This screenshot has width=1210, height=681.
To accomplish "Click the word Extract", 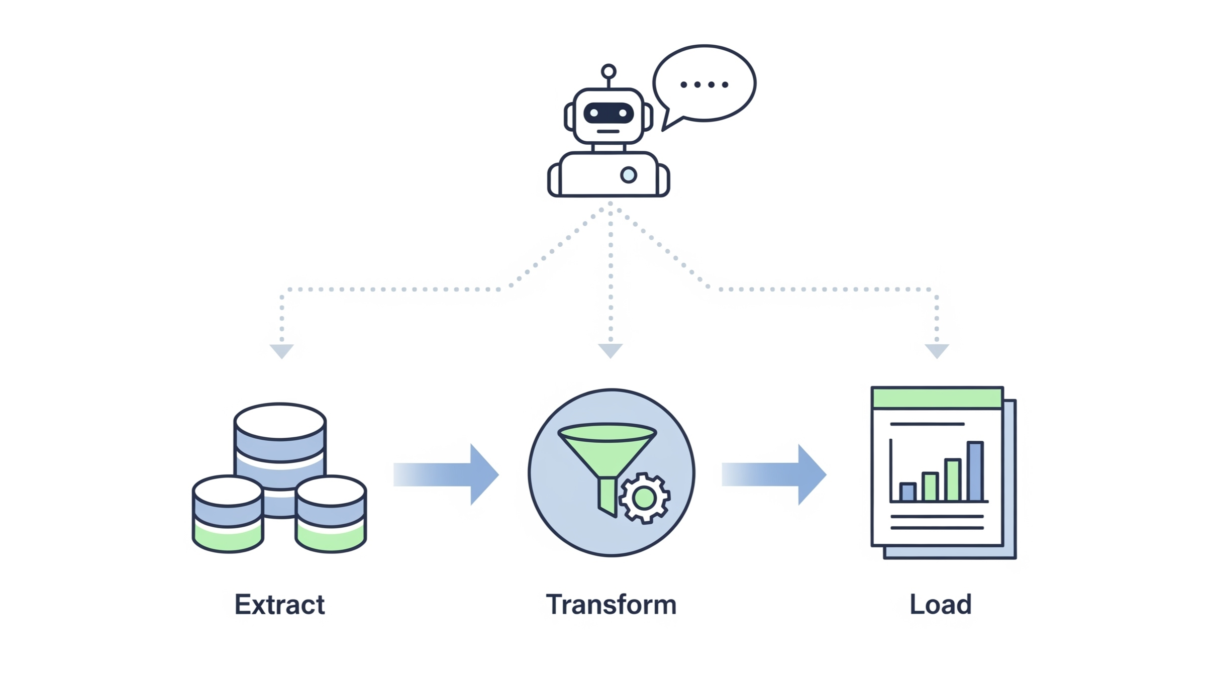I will click(x=279, y=604).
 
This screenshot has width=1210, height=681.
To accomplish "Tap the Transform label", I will click(x=611, y=604).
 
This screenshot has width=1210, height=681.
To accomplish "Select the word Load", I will click(x=940, y=604).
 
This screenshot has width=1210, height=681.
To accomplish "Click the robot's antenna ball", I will click(x=609, y=71).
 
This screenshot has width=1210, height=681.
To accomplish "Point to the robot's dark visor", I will click(x=609, y=113).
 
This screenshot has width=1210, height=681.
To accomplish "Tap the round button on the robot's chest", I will click(x=629, y=175).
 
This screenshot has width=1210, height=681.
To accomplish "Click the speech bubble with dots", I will click(x=704, y=83).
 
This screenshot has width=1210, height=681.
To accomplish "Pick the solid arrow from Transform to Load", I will click(x=774, y=474).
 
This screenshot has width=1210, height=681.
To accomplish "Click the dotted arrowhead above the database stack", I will click(x=281, y=350).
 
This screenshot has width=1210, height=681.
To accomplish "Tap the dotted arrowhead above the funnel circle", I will click(x=611, y=350).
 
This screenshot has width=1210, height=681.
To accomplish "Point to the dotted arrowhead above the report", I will click(x=937, y=350).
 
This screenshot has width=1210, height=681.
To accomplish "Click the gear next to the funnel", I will click(x=644, y=498).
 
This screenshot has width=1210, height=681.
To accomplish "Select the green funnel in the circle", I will click(x=607, y=452).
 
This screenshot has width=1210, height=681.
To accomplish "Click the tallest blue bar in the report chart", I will click(x=975, y=471).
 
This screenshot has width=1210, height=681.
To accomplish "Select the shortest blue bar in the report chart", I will click(x=907, y=492).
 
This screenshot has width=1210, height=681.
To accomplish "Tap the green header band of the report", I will click(x=937, y=398).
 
